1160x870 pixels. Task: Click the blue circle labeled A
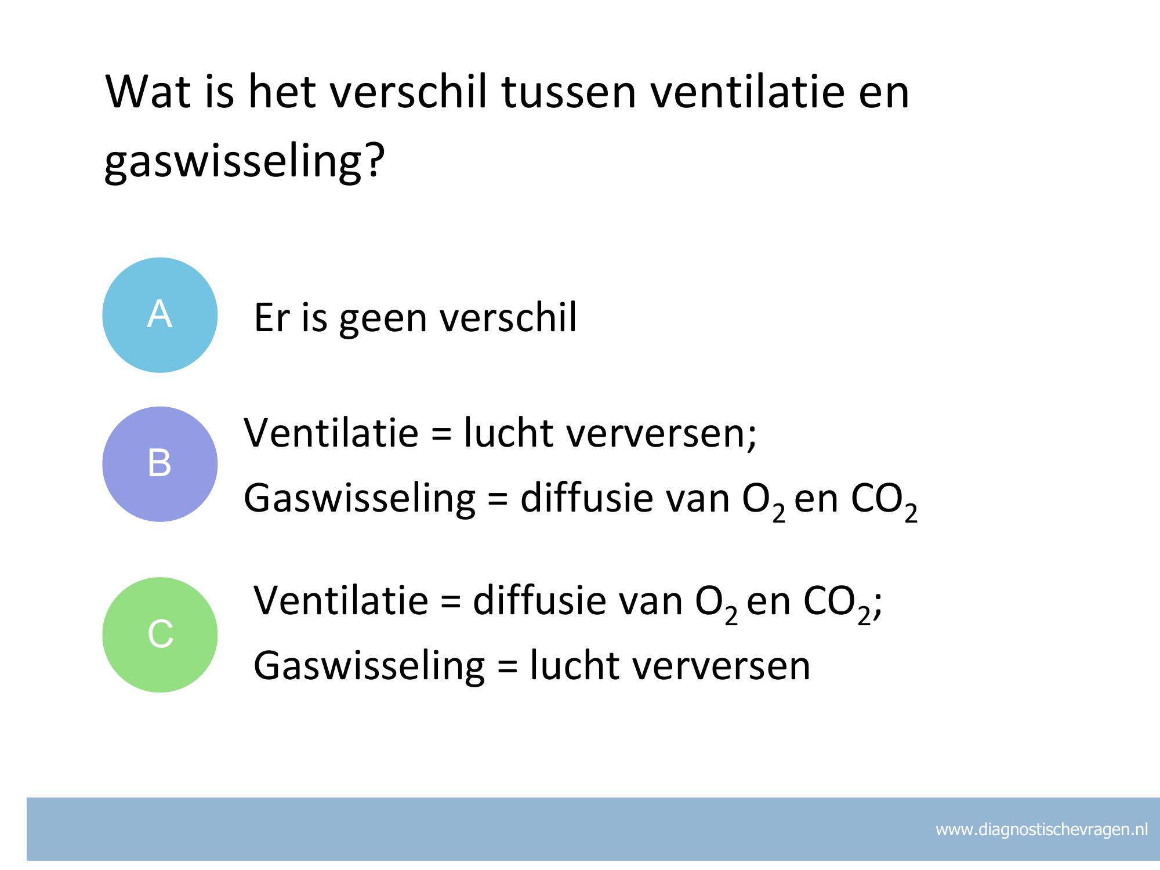coord(160,315)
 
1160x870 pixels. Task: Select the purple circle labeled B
coord(160,464)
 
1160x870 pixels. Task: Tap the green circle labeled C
coord(160,635)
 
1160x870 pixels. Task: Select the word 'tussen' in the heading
coord(569,93)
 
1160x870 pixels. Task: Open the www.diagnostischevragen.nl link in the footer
coord(1042,830)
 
